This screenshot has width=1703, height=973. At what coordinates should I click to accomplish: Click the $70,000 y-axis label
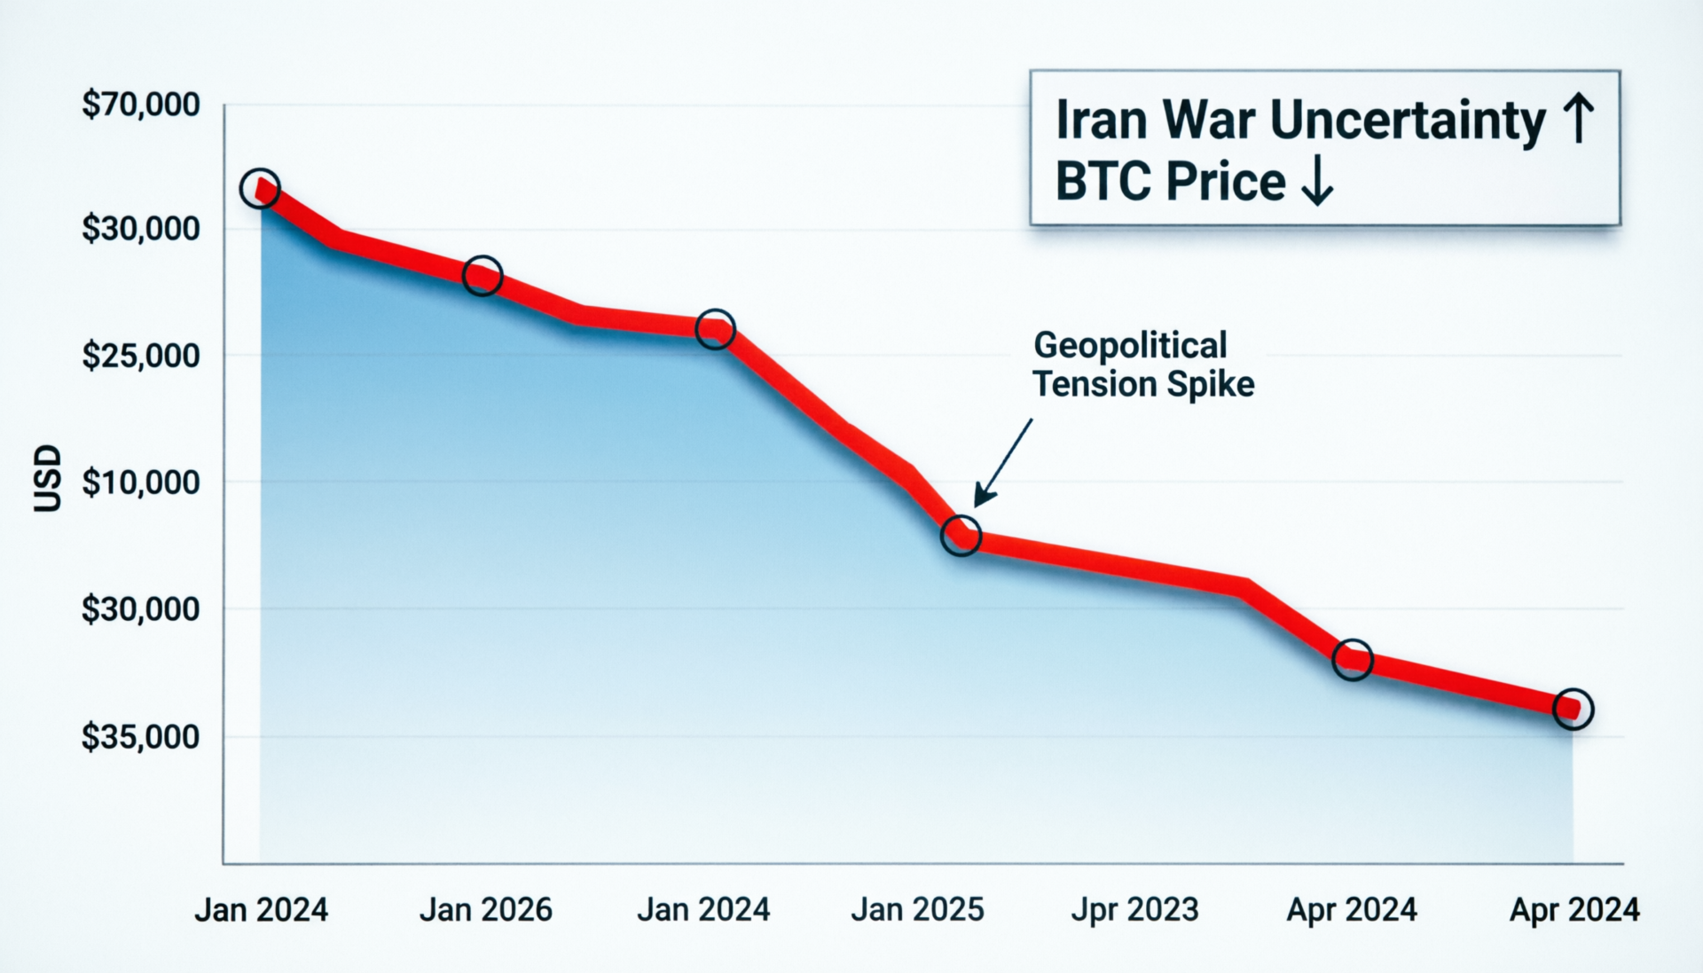coord(140,105)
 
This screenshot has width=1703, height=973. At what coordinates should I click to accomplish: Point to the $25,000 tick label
coord(140,356)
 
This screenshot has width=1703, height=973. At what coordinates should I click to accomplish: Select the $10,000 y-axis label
coord(140,483)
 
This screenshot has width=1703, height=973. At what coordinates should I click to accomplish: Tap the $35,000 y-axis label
coord(140,737)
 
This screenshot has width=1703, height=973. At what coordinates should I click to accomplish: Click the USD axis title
coord(48,479)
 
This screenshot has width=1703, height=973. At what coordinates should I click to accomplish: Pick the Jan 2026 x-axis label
coord(485,910)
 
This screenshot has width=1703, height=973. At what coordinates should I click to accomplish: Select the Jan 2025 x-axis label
coord(917,910)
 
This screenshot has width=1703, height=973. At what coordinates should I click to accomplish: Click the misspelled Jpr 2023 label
coord(1134,910)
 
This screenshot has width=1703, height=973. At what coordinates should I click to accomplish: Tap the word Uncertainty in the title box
coord(1408,122)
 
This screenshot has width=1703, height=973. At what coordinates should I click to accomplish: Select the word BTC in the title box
coord(1103,182)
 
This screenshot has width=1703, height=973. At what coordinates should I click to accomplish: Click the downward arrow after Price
coord(1316,181)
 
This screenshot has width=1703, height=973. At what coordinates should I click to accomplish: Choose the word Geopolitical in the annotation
coord(1130,346)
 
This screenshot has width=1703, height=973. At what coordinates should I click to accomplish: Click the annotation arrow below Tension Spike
coord(1004,462)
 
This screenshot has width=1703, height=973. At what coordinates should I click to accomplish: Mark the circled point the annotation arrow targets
coord(961,536)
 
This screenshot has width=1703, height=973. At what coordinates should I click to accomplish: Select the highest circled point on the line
coord(260,188)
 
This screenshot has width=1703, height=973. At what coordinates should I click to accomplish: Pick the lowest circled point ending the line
coord(1574,709)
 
